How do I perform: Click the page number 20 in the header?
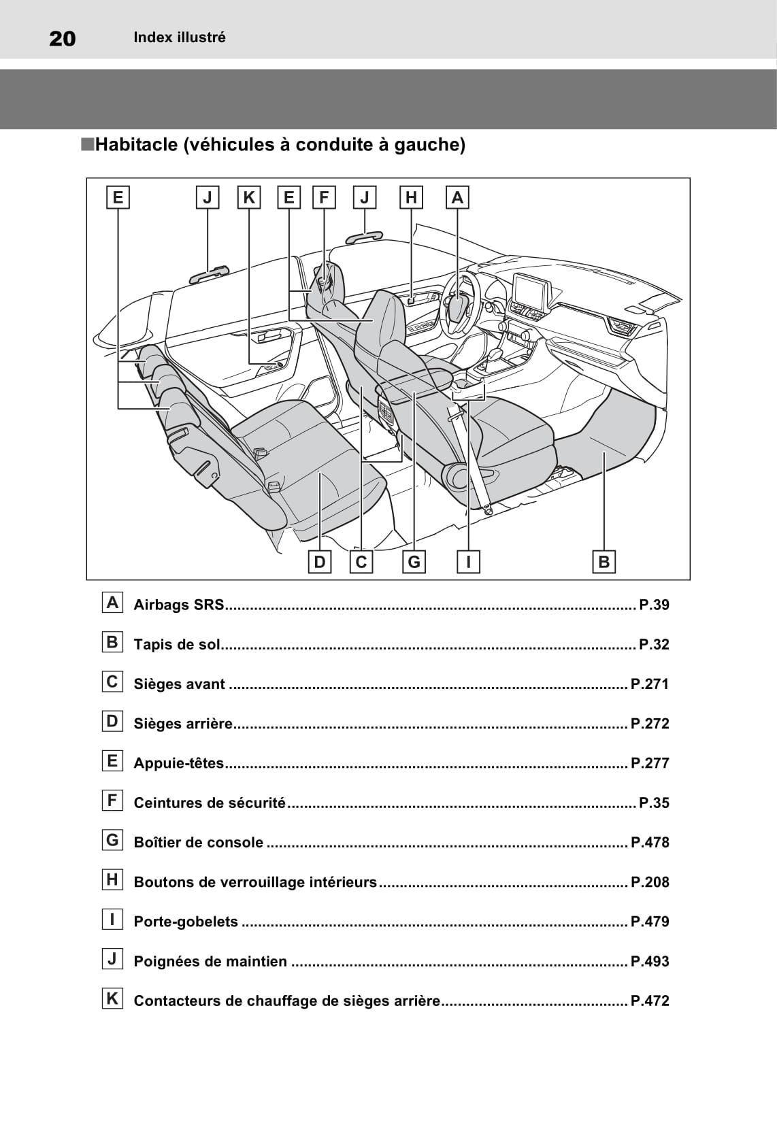pyautogui.click(x=63, y=39)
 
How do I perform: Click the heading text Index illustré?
pyautogui.click(x=179, y=37)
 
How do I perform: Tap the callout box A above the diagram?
pyautogui.click(x=457, y=197)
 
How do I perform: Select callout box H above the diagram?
pyautogui.click(x=411, y=197)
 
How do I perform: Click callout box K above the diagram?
pyautogui.click(x=249, y=197)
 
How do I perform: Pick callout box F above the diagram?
pyautogui.click(x=324, y=197)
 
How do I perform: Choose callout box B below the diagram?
pyautogui.click(x=604, y=562)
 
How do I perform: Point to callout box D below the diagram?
pyautogui.click(x=320, y=562)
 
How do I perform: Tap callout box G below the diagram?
pyautogui.click(x=414, y=562)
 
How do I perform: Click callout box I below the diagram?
pyautogui.click(x=468, y=562)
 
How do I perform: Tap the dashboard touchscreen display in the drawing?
pyautogui.click(x=529, y=291)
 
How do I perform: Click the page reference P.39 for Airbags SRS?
pyautogui.click(x=654, y=605)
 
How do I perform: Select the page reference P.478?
pyautogui.click(x=650, y=842)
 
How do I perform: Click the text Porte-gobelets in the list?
pyautogui.click(x=186, y=922)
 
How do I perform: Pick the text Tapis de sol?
pyautogui.click(x=177, y=644)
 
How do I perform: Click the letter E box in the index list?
pyautogui.click(x=112, y=761)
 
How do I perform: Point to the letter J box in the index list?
pyautogui.click(x=112, y=959)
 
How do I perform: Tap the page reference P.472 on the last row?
pyautogui.click(x=650, y=1001)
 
